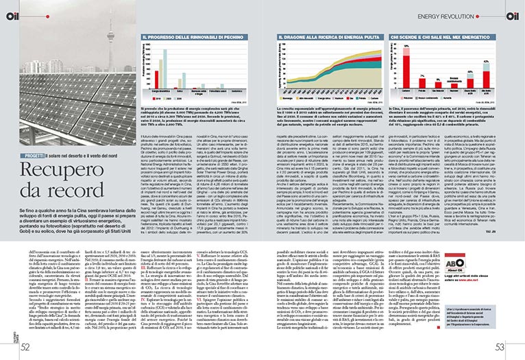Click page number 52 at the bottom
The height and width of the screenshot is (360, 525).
(x=25, y=347)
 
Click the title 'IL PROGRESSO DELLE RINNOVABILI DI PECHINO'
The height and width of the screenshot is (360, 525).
(x=184, y=35)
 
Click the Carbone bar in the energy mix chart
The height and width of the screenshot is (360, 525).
(x=404, y=69)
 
